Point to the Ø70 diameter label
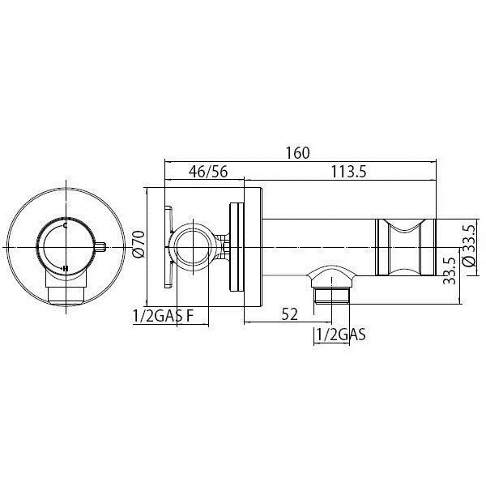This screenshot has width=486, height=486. click(138, 244)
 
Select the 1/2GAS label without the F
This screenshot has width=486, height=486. click(339, 334)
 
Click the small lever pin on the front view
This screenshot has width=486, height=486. click(101, 246)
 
